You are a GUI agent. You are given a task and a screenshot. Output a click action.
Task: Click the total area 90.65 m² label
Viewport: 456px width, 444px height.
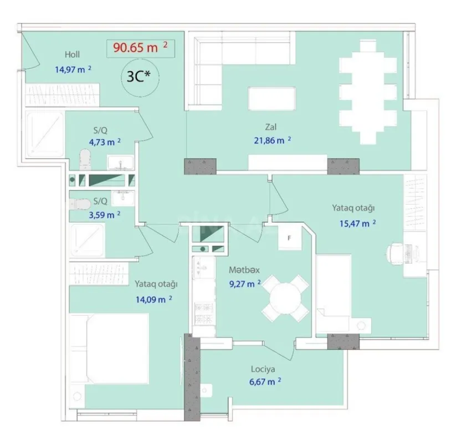140,47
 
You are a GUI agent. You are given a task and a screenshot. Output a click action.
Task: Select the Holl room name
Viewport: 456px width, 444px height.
72,54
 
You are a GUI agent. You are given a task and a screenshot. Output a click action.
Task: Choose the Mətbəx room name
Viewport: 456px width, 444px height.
244,270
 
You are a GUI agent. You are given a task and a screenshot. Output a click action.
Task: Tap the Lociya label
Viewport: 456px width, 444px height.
263,368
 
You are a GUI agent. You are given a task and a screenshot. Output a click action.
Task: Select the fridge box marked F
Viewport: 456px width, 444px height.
289,238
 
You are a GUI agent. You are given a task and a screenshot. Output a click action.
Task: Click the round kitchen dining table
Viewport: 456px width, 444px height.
285,297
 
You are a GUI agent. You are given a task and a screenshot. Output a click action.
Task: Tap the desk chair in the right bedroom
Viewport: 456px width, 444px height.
394,254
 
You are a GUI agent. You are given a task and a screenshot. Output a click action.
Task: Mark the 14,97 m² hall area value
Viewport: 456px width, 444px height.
73,69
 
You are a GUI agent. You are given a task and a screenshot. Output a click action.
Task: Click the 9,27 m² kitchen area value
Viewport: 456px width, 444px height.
244,284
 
